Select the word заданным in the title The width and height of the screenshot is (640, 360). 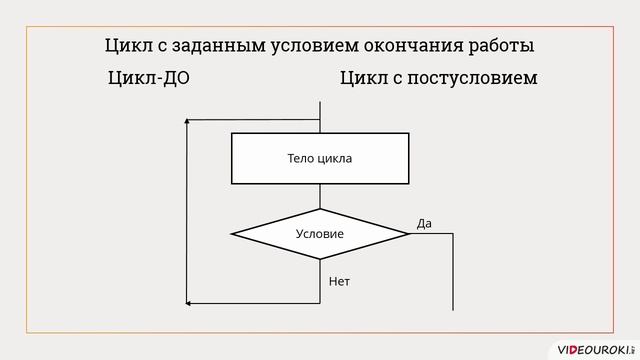point(216,46)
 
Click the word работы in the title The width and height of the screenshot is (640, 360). point(499,46)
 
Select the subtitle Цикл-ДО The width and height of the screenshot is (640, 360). point(148,78)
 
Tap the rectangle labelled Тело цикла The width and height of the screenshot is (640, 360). point(320,159)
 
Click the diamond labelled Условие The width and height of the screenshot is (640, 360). point(320,234)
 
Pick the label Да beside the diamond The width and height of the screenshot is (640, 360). point(424,223)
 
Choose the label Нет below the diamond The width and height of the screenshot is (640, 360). point(340,281)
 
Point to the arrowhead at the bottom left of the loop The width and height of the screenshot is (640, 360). point(190,303)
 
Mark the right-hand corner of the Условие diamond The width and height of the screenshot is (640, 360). point(408,234)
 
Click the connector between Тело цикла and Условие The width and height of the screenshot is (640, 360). point(320,196)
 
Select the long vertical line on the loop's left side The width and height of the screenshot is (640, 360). point(186,210)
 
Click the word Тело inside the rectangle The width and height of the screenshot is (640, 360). point(302,159)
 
